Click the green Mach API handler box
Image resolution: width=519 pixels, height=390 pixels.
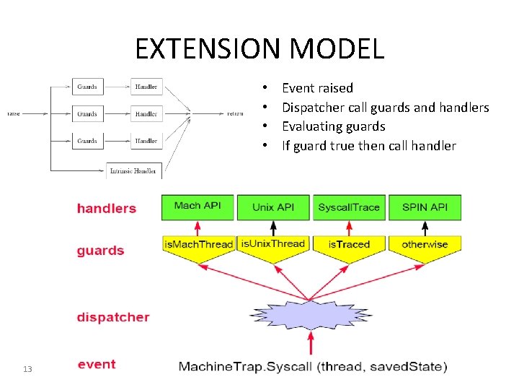[x=198, y=207]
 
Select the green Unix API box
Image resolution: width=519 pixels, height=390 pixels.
[x=273, y=207]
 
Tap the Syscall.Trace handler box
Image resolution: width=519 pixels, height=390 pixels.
[x=349, y=207]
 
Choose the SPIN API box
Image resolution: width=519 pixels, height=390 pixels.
[x=425, y=207]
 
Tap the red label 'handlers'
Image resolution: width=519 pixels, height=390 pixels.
[x=106, y=209]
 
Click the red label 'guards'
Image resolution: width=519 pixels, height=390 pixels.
[x=100, y=251]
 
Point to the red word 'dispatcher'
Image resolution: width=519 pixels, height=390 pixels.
[x=113, y=317]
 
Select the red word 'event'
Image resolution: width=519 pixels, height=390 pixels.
[x=97, y=364]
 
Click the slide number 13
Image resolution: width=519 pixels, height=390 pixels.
[x=27, y=369]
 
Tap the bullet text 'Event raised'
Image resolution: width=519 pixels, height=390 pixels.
[x=317, y=88]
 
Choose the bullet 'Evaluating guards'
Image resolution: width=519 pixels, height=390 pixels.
[x=333, y=126]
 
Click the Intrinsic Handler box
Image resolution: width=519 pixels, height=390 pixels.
[x=134, y=171]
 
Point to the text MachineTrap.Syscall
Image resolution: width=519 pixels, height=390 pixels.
[x=245, y=367]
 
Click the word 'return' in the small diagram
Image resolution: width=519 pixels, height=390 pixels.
[x=235, y=113]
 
